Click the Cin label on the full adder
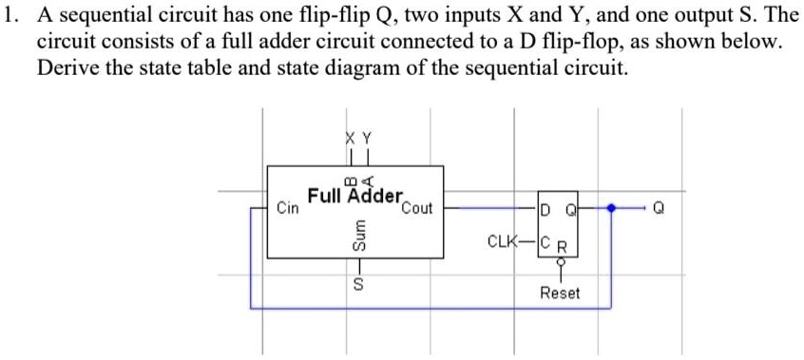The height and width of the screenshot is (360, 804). click(x=286, y=206)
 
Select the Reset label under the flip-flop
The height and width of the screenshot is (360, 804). click(x=559, y=294)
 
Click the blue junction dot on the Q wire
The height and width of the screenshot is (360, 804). click(x=612, y=206)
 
